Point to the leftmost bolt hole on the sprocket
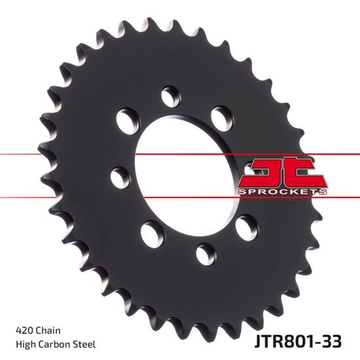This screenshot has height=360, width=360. (120, 176)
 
